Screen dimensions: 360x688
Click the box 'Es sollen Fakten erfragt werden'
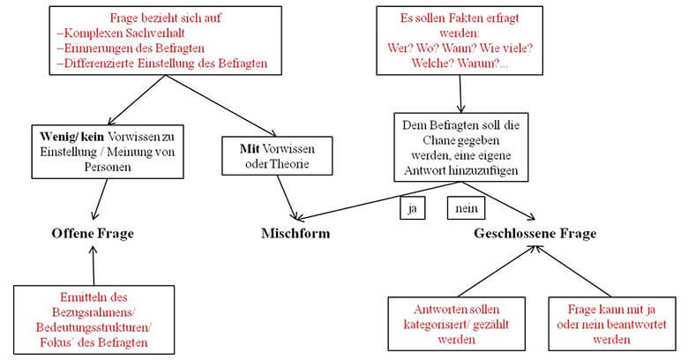(x=460, y=41)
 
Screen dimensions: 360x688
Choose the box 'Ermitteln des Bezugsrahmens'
(x=93, y=319)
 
